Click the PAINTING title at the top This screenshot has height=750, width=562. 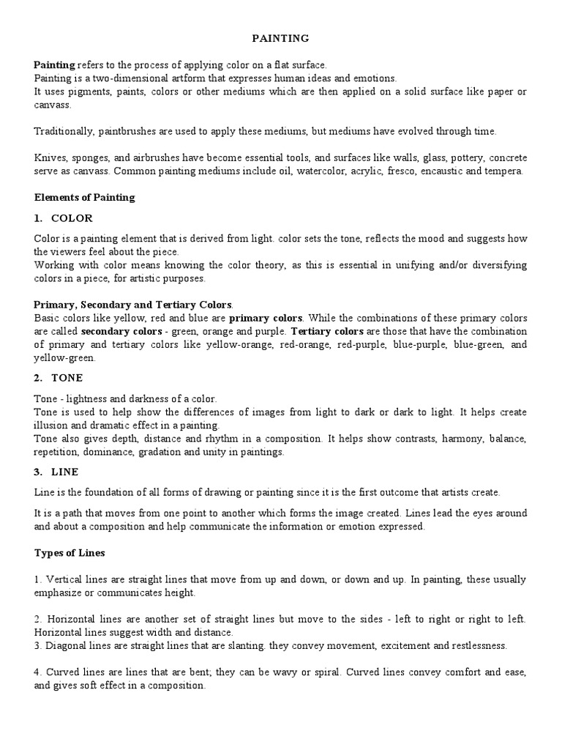coord(280,37)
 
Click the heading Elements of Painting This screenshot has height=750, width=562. coord(84,197)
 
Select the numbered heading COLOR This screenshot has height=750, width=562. coord(72,218)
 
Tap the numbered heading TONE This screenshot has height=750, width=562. coord(67,378)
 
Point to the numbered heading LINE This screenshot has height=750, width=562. coord(65,472)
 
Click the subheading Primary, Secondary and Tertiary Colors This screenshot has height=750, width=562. coord(133,304)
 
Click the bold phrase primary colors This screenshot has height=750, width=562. coord(265,318)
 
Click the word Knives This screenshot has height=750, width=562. coord(48,158)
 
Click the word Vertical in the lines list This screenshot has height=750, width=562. coord(61,579)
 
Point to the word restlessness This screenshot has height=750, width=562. coord(478,645)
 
